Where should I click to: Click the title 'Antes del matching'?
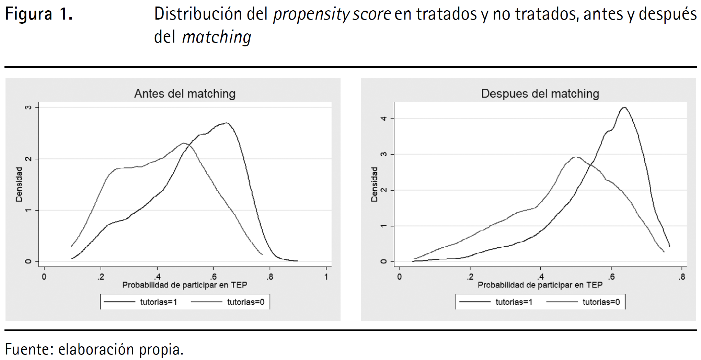pos(185,94)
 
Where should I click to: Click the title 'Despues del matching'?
pos(540,94)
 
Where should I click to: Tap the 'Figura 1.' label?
pos(39,14)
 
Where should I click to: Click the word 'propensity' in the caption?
pos(311,14)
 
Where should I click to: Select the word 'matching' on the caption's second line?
pos(217,37)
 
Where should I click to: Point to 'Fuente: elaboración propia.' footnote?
pos(94,349)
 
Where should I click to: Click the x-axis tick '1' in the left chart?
pos(326,277)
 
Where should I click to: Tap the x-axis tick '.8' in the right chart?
pos(681,277)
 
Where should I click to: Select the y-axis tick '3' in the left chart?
pos(28,108)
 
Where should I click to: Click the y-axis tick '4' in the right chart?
pos(383,119)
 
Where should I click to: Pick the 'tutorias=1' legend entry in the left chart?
pos(158,302)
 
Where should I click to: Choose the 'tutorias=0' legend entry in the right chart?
pos(601,302)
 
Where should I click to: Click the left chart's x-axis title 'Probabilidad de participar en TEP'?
pos(185,285)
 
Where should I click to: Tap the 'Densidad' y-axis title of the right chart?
pos(374,184)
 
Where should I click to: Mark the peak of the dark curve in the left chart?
pos(226,123)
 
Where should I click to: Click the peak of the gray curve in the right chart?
pos(576,157)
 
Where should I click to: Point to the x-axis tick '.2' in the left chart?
pos(101,277)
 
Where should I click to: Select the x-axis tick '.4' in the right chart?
pos(540,277)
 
